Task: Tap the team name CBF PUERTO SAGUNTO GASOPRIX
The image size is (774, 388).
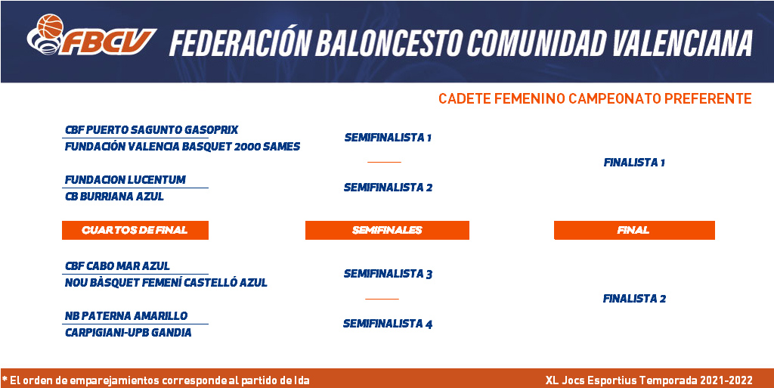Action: (x=151, y=130)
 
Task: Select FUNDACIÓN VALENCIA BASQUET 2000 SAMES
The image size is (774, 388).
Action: (x=183, y=147)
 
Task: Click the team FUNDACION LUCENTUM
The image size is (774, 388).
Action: (x=125, y=180)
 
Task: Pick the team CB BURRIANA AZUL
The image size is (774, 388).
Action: (x=115, y=197)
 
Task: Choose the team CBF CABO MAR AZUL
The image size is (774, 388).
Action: (x=117, y=266)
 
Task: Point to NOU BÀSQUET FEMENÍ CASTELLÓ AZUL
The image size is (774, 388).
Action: (x=166, y=283)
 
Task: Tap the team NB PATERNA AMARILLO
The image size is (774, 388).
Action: (x=126, y=316)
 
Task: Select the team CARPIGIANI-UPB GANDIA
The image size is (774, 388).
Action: (x=128, y=333)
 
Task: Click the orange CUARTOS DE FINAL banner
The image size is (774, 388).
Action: (x=135, y=230)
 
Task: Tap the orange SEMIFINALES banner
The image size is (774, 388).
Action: (x=387, y=230)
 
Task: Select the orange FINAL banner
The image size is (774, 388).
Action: (x=634, y=230)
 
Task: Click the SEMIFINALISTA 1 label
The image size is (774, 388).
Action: (x=388, y=138)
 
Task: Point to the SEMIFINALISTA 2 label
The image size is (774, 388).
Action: (x=388, y=188)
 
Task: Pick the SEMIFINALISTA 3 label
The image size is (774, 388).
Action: (x=388, y=274)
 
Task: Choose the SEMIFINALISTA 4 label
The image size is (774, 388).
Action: (x=388, y=324)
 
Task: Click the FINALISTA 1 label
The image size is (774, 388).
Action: (x=634, y=163)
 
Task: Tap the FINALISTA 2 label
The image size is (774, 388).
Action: (x=634, y=299)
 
